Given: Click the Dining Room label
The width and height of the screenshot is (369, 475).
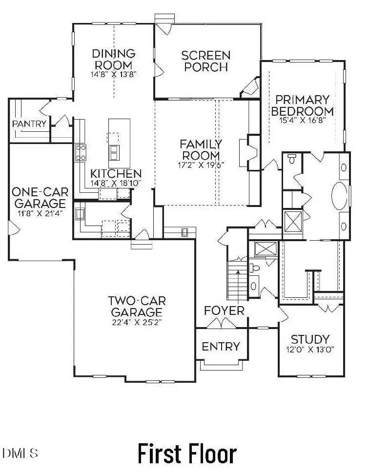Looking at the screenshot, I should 113,59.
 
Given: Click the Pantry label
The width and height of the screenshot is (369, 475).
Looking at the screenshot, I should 30,124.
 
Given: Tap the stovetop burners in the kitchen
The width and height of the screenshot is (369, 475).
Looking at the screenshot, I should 81,152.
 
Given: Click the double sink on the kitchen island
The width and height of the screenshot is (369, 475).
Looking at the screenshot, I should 114,153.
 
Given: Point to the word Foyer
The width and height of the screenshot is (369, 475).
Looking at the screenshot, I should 224,311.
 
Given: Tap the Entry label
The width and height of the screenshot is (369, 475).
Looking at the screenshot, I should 221,347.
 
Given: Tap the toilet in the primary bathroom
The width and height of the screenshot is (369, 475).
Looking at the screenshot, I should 292,159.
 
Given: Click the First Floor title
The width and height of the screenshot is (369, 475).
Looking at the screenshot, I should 187,454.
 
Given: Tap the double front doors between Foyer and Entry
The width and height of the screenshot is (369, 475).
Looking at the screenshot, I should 221,324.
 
